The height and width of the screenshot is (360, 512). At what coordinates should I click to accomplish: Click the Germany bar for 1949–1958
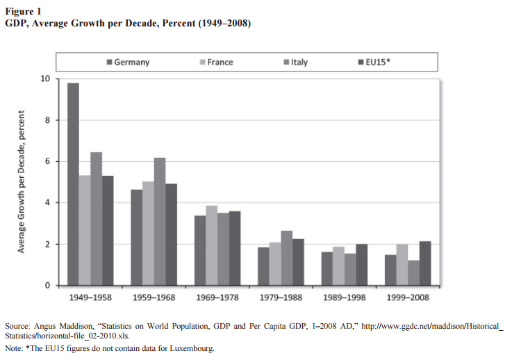[73, 184]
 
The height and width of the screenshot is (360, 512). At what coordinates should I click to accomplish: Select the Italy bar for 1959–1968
[160, 222]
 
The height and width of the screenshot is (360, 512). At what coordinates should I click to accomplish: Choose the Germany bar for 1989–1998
[327, 269]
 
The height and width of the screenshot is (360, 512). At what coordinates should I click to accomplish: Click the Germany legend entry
[128, 63]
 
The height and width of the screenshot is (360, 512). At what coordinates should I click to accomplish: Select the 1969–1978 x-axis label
[217, 297]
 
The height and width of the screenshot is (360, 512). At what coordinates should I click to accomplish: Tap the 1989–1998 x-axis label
[345, 297]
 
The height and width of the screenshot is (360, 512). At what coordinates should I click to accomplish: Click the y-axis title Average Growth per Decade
[22, 183]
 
